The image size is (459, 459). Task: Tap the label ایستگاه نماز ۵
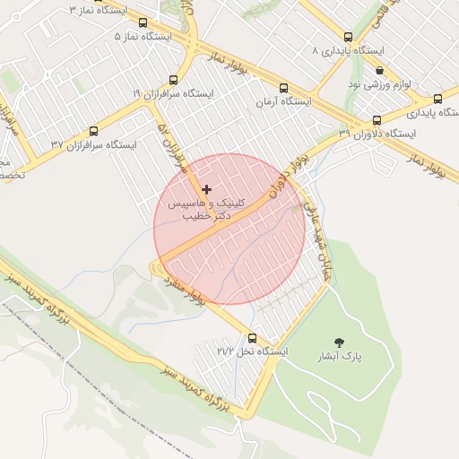click(144, 37)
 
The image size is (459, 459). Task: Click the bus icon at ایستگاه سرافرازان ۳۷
click(94, 131)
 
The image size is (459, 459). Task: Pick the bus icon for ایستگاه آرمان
click(284, 89)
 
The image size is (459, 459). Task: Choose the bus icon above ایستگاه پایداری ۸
click(348, 38)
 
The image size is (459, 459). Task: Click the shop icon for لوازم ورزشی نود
click(379, 70)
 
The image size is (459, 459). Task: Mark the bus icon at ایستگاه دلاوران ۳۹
click(377, 120)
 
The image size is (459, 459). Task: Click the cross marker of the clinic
click(207, 189)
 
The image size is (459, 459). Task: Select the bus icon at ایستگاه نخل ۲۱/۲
click(252, 339)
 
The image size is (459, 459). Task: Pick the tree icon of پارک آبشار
click(339, 342)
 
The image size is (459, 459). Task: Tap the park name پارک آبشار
click(339, 356)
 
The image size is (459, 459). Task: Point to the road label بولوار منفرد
click(185, 290)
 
